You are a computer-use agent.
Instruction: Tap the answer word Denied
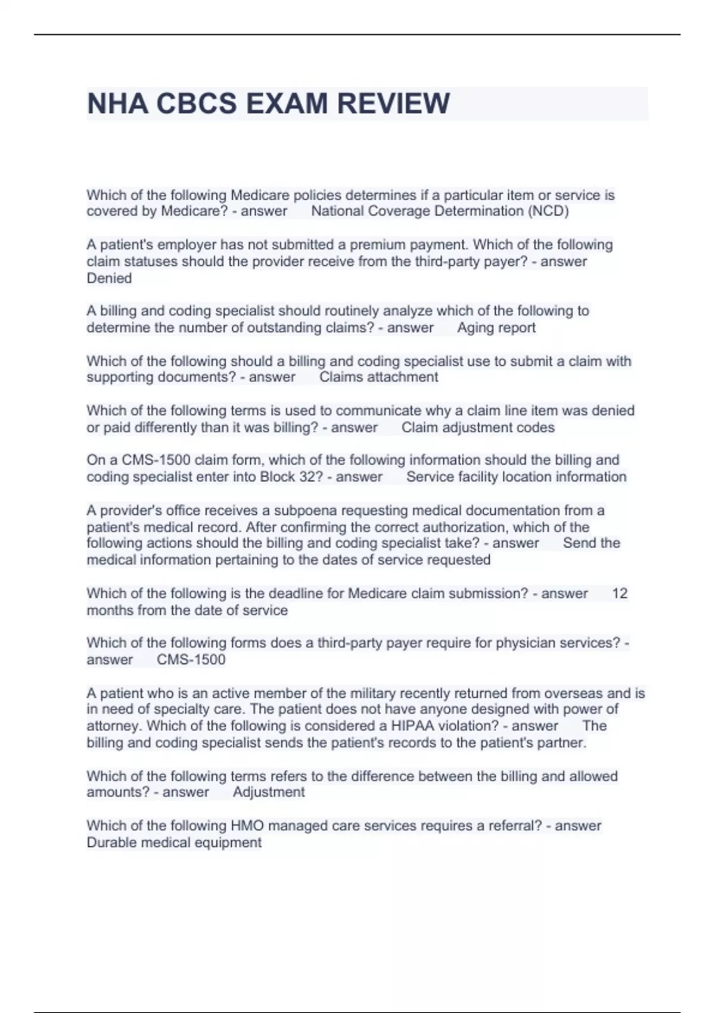coord(109,278)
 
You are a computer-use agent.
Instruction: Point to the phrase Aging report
coord(496,328)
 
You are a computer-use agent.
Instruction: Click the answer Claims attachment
coord(378,377)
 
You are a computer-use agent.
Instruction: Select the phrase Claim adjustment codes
coord(478,427)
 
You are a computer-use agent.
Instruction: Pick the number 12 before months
coord(620,593)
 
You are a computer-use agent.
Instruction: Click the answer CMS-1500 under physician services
coord(191,660)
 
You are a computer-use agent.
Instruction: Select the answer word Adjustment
coord(269,792)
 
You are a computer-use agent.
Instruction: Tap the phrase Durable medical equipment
coord(174,843)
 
